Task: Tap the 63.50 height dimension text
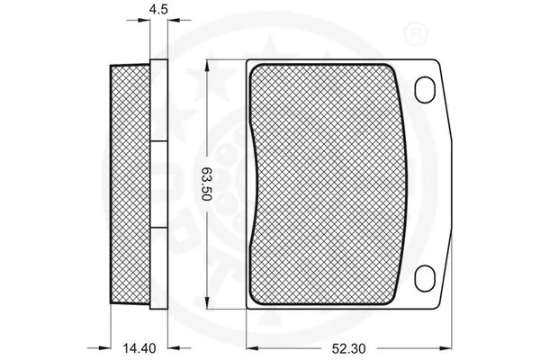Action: [x=206, y=184]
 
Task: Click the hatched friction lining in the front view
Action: [x=329, y=184]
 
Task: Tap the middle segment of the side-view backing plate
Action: [x=159, y=184]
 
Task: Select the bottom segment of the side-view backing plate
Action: [x=159, y=265]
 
